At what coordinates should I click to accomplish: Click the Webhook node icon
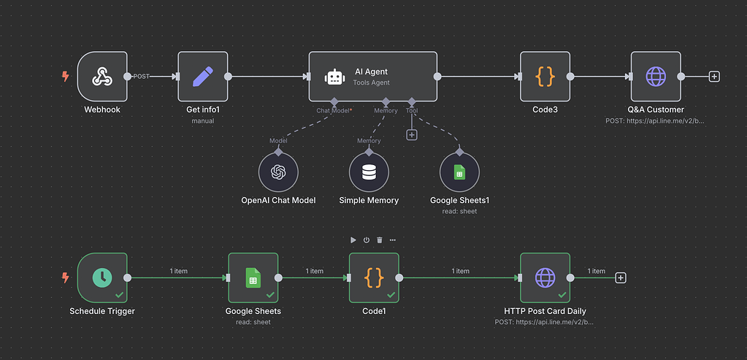point(102,76)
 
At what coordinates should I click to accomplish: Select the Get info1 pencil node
point(203,76)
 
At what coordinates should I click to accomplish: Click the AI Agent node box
point(372,76)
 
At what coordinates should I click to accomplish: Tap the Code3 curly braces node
point(545,76)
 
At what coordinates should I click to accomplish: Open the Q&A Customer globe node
point(656,76)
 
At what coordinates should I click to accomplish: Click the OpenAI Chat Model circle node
point(278,172)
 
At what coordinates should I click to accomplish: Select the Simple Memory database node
point(369,172)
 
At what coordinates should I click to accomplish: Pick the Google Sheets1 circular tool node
point(459,172)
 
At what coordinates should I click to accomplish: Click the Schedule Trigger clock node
point(102,277)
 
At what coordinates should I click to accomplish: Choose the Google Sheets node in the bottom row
point(253,277)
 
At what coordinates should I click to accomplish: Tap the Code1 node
point(374,277)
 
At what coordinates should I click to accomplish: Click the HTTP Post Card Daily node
point(545,277)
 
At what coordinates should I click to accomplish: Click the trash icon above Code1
point(379,240)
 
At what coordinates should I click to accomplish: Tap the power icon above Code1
point(367,240)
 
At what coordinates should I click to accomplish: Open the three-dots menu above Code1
point(393,240)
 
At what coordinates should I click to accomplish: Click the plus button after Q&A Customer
point(714,76)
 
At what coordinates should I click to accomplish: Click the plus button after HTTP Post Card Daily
point(621,277)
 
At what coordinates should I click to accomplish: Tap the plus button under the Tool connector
point(412,134)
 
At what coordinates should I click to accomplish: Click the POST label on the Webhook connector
point(142,76)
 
